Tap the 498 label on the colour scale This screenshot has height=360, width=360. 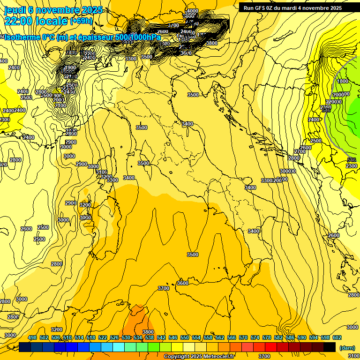pyautogui.click(x=32, y=337)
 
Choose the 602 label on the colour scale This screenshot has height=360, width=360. pyautogui.click(x=337, y=337)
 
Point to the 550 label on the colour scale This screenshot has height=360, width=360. pyautogui.click(x=185, y=337)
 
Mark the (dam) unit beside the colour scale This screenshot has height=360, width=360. pyautogui.click(x=347, y=348)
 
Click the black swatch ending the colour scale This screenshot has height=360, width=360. pyautogui.click(x=330, y=347)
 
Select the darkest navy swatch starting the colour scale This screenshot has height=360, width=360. pyautogui.click(x=25, y=347)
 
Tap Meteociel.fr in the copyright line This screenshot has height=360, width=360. pyautogui.click(x=214, y=357)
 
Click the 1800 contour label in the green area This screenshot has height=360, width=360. pyautogui.click(x=343, y=81)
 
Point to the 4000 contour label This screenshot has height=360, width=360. pyautogui.click(x=192, y=11)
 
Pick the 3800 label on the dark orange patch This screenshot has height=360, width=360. pyautogui.click(x=148, y=332)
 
